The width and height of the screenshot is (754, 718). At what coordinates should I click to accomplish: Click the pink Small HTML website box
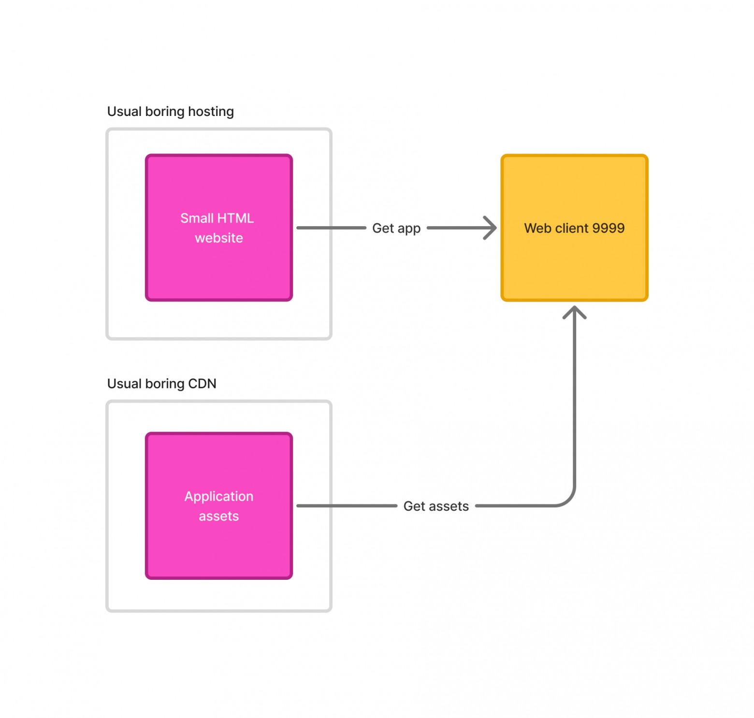219,228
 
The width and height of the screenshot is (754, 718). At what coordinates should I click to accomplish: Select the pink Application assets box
219,506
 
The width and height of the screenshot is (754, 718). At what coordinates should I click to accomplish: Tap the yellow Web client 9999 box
574,228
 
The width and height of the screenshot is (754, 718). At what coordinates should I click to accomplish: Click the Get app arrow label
396,228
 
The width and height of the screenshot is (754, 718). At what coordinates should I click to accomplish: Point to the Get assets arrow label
436,506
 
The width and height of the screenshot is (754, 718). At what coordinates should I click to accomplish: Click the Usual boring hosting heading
171,112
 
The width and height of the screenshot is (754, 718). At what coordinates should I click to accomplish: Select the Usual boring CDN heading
162,384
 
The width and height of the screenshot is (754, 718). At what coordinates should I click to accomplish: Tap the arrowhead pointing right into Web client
490,228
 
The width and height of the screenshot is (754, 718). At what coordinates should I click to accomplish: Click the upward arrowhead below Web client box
574,312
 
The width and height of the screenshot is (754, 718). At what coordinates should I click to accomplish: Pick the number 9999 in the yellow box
608,228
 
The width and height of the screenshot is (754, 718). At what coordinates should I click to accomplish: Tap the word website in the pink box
219,238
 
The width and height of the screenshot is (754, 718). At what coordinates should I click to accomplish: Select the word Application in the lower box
219,497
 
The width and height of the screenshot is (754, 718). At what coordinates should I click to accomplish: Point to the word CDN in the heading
203,384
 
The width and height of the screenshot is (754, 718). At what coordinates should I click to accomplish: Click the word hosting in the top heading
211,112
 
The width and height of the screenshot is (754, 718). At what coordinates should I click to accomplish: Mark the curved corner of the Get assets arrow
568,500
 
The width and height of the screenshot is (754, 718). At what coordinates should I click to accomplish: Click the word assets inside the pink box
219,517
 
